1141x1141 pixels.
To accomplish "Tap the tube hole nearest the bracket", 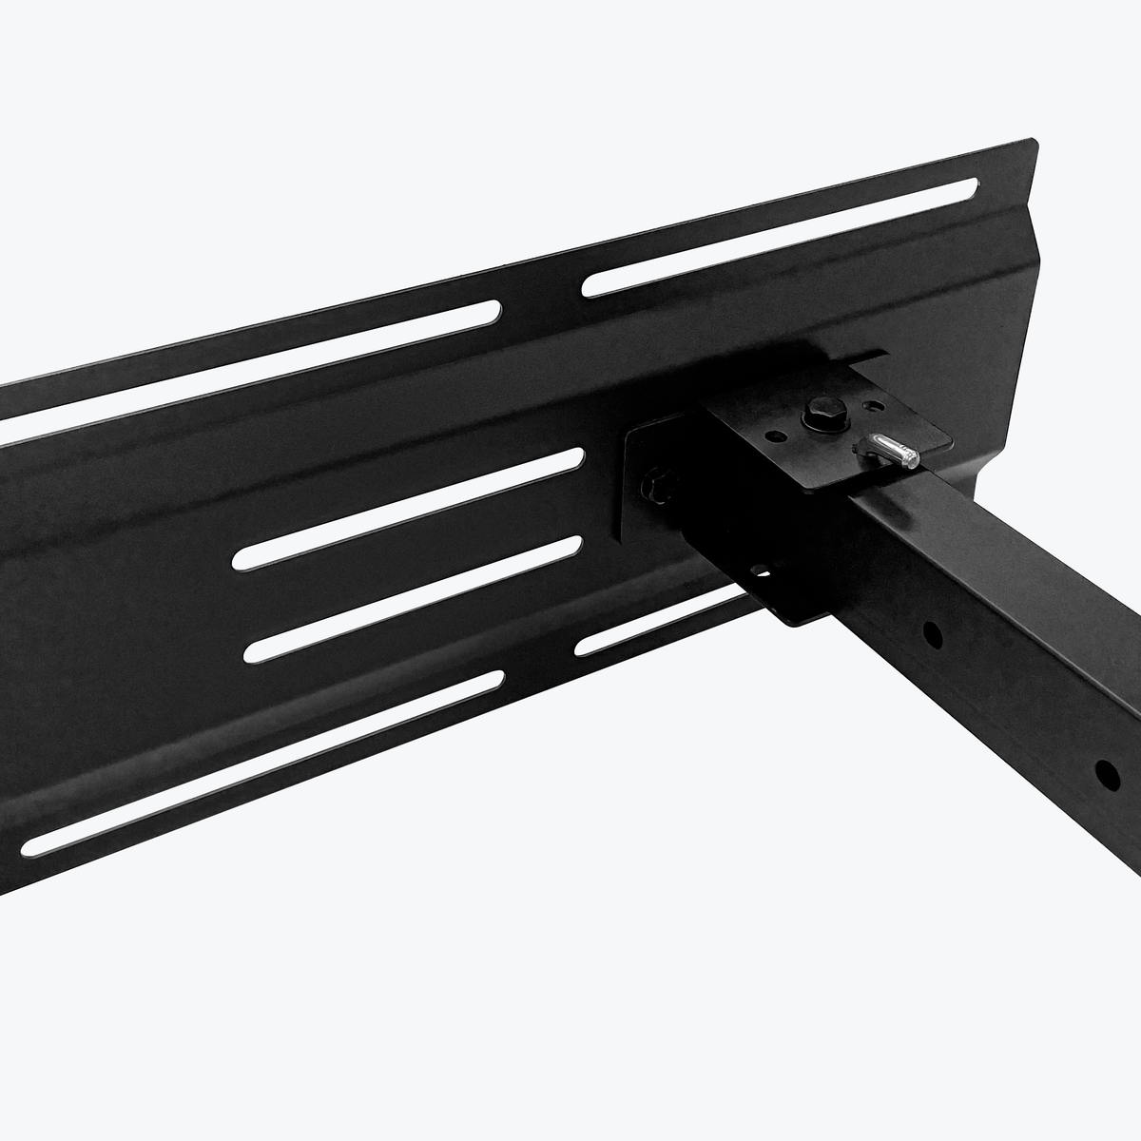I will pos(933,632).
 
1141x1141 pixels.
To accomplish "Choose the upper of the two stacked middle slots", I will pos(409,508).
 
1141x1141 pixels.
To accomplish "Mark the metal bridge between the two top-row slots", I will pos(542,295).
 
